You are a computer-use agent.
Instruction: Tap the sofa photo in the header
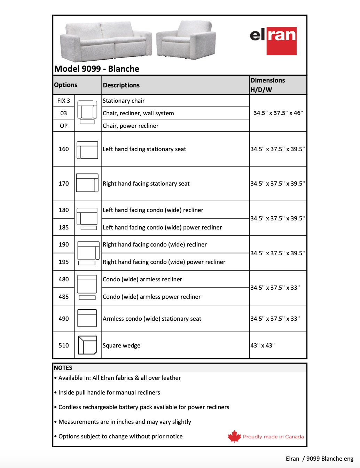pos(106,41)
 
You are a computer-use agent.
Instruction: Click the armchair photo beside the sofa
pos(186,40)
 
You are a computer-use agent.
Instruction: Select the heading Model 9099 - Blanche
pos(97,69)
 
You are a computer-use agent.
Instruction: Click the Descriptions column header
pos(121,85)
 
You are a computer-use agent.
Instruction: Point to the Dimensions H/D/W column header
pos(267,85)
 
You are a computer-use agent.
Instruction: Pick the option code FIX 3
pos(63,101)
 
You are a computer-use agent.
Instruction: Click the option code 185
pos(63,227)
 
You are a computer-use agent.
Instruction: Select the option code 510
pos(63,345)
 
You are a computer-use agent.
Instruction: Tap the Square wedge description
pos(122,345)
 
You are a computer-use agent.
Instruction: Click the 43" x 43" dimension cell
pos(263,345)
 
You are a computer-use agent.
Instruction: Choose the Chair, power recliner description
pos(131,126)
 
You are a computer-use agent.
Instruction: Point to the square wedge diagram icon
pos(87,345)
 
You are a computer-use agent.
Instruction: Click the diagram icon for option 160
pos(87,150)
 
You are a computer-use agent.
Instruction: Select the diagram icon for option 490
pos(87,318)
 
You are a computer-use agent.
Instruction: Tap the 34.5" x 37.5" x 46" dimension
pos(278,113)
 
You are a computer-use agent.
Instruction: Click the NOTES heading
pos(63,368)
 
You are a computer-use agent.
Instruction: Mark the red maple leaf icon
pos(234,436)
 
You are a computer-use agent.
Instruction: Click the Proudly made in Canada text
pos(273,437)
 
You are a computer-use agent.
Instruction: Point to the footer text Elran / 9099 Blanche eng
pos(319,459)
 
